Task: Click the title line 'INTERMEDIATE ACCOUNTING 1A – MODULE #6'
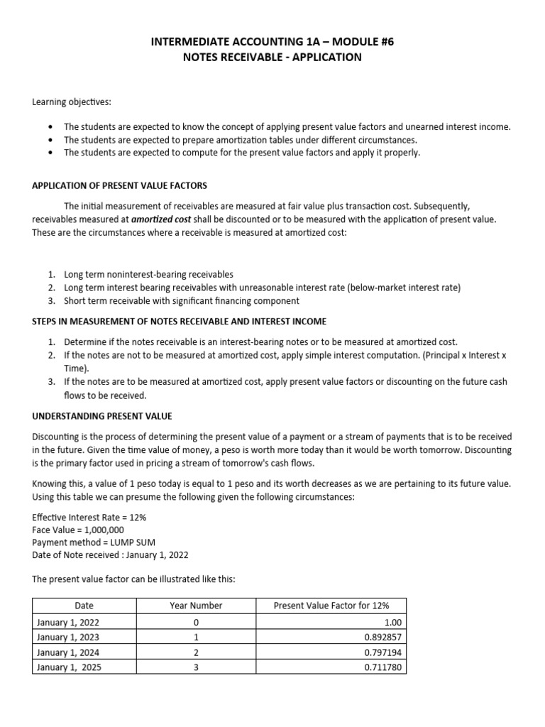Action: coord(272,42)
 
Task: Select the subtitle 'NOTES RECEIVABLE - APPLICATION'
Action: coord(272,58)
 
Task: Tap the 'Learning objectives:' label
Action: coord(71,102)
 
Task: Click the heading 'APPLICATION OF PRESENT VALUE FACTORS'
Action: coord(119,186)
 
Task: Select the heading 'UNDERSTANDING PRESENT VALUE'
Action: coord(102,416)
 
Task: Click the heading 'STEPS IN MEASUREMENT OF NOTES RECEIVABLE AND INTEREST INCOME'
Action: coord(180,322)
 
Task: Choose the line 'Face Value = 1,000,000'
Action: coord(78,530)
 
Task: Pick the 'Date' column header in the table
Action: coord(84,606)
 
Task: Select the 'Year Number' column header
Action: coord(196,606)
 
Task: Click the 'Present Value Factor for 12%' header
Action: coord(331,606)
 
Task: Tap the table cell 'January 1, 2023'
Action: coord(67,638)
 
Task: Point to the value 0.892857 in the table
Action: coord(382,638)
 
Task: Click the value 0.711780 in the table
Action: coord(382,668)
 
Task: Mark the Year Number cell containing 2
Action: coord(196,653)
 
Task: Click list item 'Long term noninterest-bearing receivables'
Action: coord(148,274)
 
